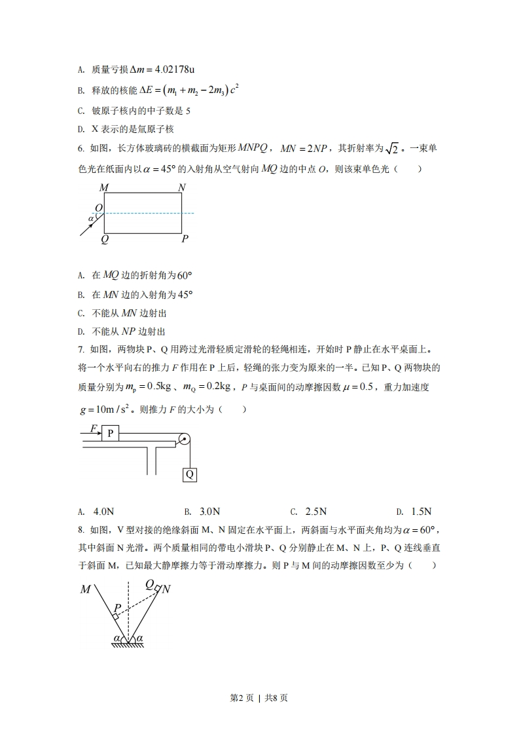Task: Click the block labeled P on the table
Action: point(110,433)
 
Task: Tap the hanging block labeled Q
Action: point(189,474)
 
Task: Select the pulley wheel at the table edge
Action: point(184,440)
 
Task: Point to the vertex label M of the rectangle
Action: point(103,188)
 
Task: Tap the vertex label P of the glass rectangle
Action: point(185,239)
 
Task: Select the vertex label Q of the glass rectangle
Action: point(104,239)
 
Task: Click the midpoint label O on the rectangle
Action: point(98,208)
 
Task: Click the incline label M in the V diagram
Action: point(86,590)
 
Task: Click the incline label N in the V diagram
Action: point(166,589)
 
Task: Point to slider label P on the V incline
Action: point(118,607)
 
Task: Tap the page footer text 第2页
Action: point(243,698)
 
